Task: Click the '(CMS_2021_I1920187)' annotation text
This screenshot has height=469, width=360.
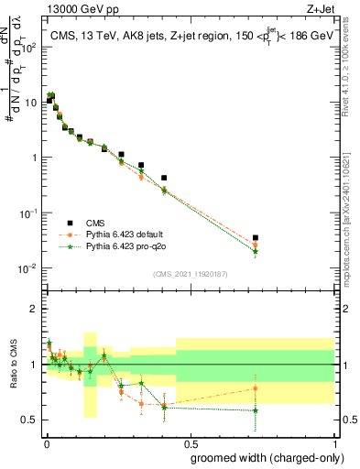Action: [x=190, y=274]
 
